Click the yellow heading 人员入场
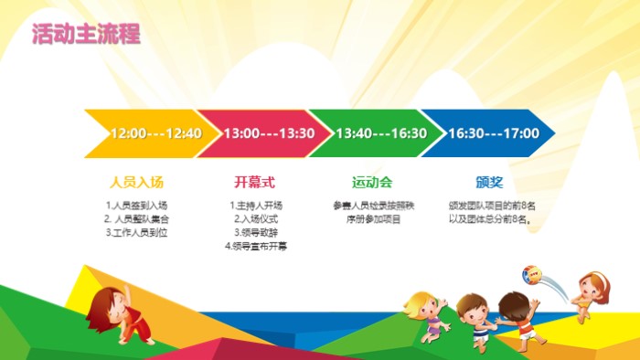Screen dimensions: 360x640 (x=136, y=181)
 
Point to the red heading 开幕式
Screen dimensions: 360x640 (x=255, y=181)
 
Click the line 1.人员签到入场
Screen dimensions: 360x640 (x=136, y=206)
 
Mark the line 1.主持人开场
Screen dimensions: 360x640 (x=255, y=206)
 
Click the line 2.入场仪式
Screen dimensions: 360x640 (x=255, y=219)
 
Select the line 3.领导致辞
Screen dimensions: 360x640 (x=255, y=233)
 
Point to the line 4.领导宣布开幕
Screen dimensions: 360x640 (x=255, y=247)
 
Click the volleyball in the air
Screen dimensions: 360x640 (x=532, y=274)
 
